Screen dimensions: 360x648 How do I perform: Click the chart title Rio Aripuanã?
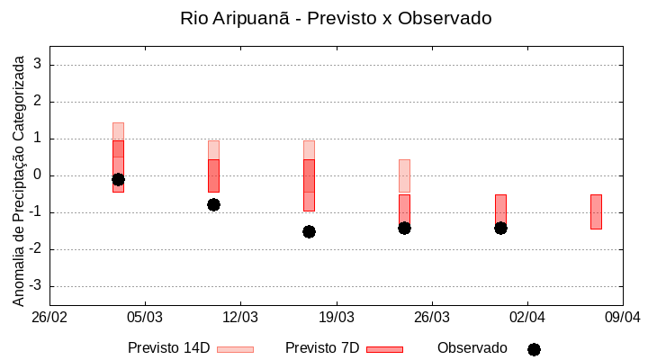(x=336, y=19)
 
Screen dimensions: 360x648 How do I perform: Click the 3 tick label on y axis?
(x=39, y=65)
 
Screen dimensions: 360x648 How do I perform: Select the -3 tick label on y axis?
(x=36, y=286)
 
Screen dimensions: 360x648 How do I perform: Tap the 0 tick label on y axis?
(x=39, y=175)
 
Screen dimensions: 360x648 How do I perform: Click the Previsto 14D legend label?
(x=168, y=348)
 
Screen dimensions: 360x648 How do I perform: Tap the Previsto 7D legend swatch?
(x=384, y=349)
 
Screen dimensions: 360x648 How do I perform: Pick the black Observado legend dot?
(x=534, y=349)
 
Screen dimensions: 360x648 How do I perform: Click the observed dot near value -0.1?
(x=118, y=179)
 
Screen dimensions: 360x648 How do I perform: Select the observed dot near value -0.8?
(x=213, y=204)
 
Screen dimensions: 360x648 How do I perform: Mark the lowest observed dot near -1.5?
(x=309, y=231)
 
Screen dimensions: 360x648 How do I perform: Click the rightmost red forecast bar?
(x=596, y=211)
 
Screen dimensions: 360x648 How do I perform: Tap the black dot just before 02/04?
(x=500, y=228)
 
